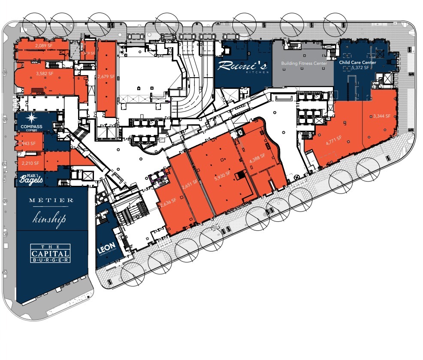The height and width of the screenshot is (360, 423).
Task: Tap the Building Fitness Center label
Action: click(x=304, y=64)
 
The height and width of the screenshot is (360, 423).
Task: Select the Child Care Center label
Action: click(x=357, y=62)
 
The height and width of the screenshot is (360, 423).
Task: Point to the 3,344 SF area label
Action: click(x=382, y=116)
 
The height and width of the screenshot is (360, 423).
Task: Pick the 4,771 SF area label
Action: click(x=333, y=138)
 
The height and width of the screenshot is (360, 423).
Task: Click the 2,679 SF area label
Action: click(x=106, y=76)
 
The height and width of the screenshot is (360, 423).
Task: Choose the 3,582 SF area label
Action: click(x=45, y=73)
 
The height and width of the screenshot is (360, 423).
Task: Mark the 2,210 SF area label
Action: click(x=30, y=163)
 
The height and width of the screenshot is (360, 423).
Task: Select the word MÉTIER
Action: click(x=51, y=200)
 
